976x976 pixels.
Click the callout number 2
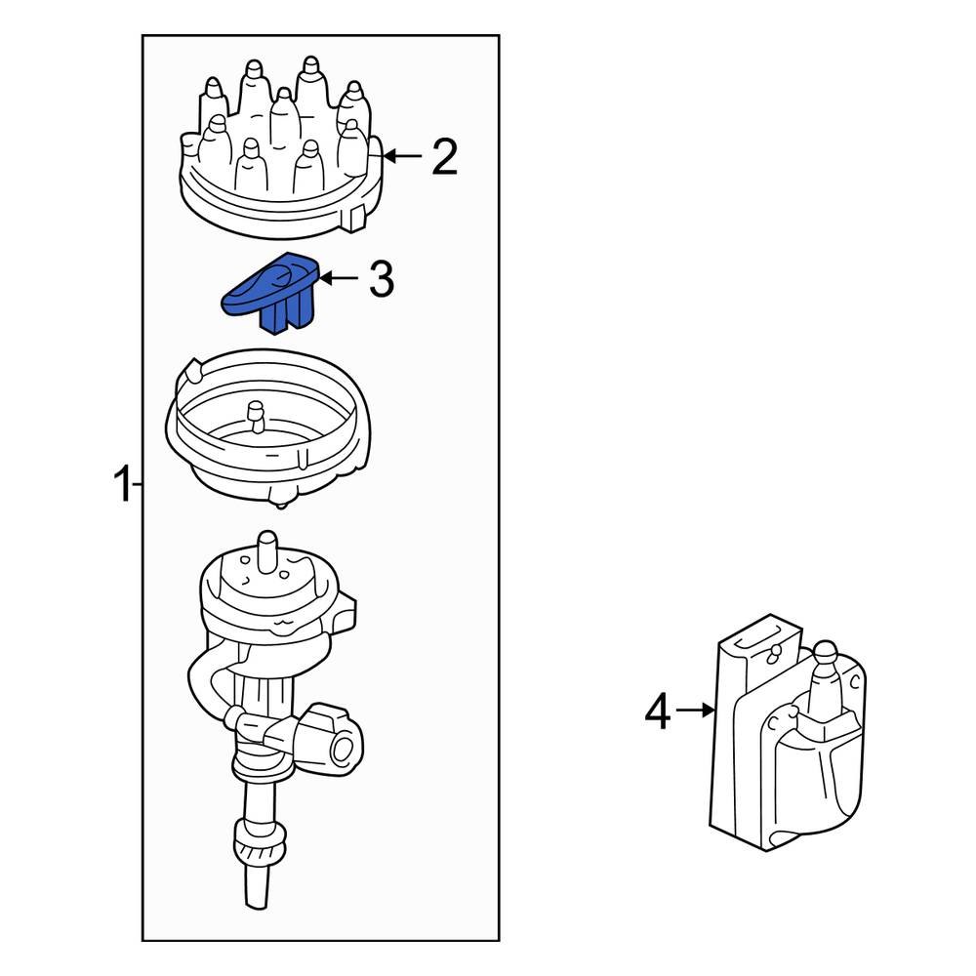(444, 157)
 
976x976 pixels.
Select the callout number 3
(381, 280)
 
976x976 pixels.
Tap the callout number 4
(658, 712)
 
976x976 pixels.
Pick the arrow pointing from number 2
(404, 156)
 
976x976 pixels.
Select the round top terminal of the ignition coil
(824, 653)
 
